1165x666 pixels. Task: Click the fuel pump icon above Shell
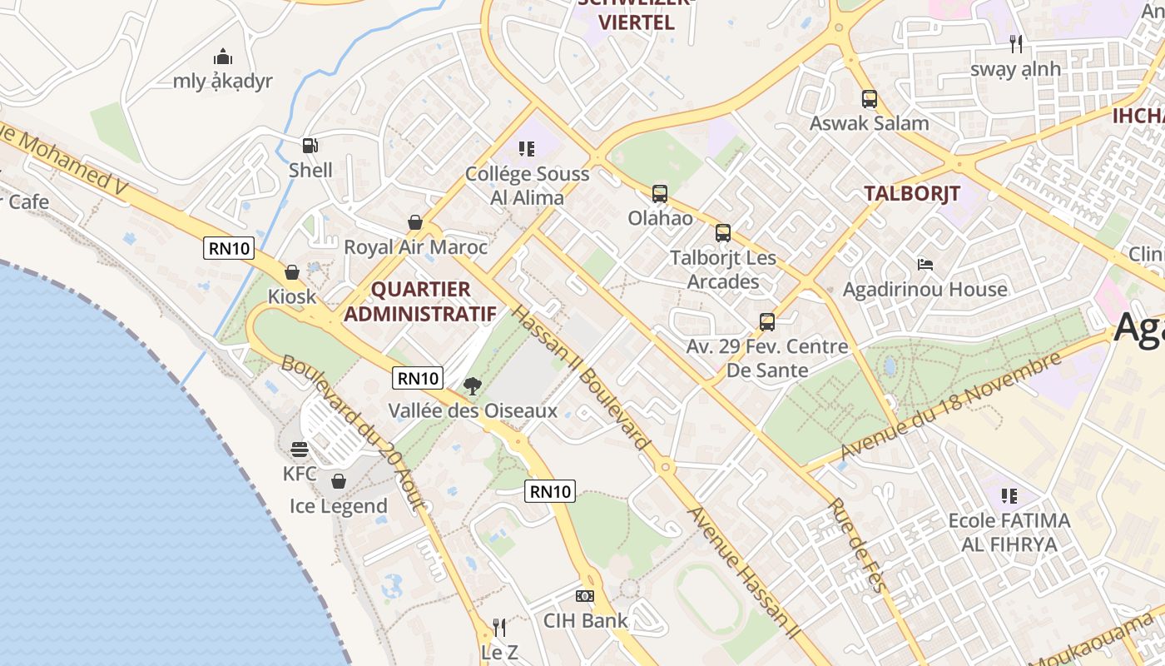point(310,146)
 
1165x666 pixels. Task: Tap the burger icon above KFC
point(300,450)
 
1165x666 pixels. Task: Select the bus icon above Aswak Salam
point(870,99)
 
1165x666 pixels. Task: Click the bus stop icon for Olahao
point(660,194)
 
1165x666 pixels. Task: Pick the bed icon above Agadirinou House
point(925,265)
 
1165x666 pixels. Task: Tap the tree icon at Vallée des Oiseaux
point(472,386)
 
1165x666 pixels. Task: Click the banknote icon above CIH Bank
point(585,596)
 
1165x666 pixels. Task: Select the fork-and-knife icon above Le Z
point(499,627)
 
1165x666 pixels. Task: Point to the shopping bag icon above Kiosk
point(292,272)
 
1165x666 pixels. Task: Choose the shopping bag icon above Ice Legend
point(339,481)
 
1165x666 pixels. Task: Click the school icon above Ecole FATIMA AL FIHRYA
point(1009,496)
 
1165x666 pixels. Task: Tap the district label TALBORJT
point(911,194)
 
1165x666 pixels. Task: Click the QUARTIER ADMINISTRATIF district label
point(420,301)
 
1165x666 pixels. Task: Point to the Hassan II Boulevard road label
point(580,377)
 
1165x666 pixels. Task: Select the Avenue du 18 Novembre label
point(951,405)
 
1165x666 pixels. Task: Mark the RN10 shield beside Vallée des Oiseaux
point(417,378)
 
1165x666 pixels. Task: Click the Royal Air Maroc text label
point(415,247)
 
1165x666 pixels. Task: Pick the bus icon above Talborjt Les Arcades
point(722,233)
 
